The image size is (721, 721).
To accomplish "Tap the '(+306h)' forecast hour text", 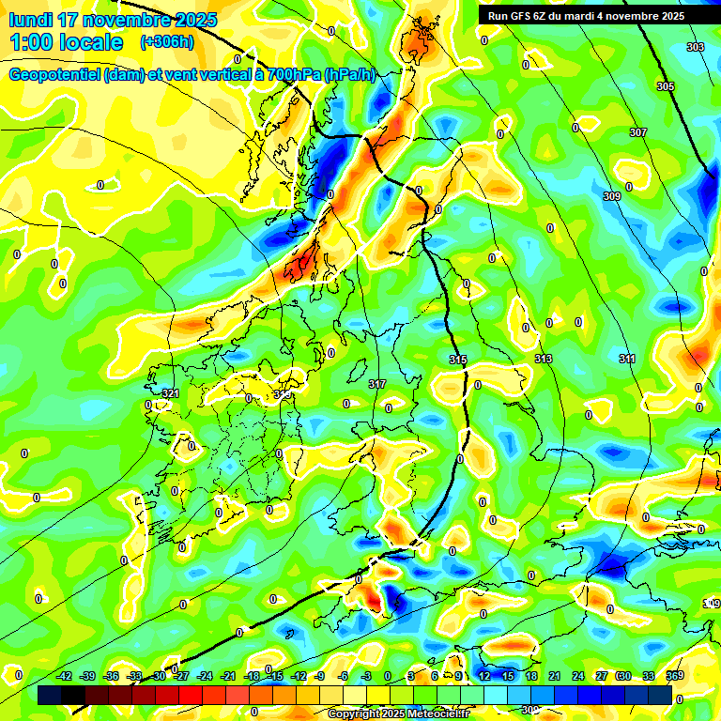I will point(167,42).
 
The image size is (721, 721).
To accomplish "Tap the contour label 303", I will point(695,47).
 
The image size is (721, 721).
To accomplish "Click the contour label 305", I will point(665,86).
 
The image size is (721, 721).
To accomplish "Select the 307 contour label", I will point(637,133).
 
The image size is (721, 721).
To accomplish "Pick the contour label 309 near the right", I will point(611,196).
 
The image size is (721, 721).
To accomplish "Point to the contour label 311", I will point(627,360).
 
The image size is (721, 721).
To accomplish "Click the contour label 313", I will point(544,360).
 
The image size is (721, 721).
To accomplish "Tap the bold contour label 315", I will point(458,360).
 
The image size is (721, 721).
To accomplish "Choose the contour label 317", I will point(376,384).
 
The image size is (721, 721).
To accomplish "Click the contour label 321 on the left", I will point(170,392).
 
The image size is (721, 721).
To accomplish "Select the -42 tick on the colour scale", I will point(65,676).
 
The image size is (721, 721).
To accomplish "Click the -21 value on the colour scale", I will point(228,676).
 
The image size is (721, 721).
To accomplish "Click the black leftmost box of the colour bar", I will point(50,696).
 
